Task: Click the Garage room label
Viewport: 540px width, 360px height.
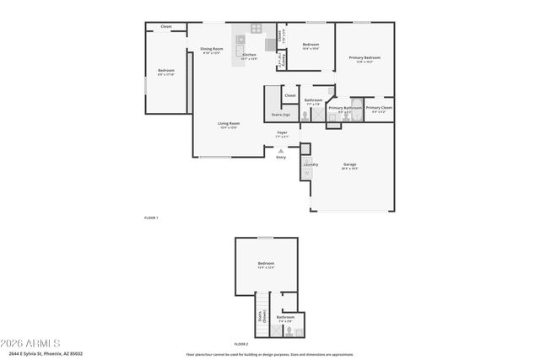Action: coord(350,164)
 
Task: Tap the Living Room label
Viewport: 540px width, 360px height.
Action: coord(229,123)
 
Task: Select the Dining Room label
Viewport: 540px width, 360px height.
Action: coord(212,49)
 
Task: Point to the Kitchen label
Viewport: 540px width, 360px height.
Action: coord(249,55)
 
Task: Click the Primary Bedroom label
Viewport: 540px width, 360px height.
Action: coord(364,58)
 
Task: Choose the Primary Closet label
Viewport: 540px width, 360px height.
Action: coord(379,108)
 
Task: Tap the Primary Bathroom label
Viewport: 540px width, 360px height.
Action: coord(345,108)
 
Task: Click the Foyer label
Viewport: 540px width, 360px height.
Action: coord(283,132)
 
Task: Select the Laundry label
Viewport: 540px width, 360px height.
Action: coord(310,164)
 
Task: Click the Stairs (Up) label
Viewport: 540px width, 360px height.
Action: coord(280,114)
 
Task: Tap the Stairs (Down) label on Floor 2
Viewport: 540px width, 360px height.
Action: coord(262,317)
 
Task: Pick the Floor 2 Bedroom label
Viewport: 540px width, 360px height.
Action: coord(266,264)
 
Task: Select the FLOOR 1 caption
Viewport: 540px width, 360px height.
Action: coord(151,218)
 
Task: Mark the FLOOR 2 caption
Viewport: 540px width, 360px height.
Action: coord(241,344)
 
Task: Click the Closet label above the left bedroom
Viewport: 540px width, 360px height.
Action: coord(166,27)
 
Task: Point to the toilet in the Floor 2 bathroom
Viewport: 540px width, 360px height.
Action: coord(289,331)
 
